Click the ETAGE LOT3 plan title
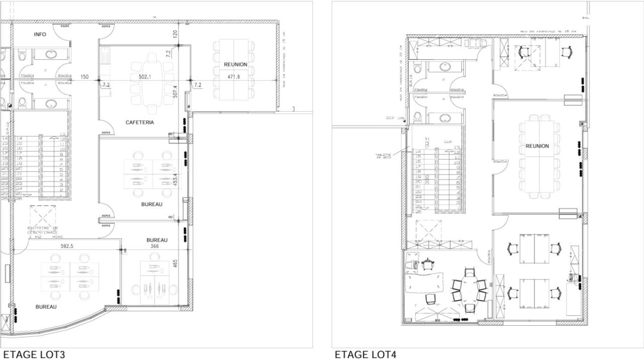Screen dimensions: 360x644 (x=34, y=354)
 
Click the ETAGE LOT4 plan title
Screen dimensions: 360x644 (x=365, y=354)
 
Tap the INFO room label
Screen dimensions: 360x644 (x=40, y=34)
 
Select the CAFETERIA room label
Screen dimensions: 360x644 (x=139, y=122)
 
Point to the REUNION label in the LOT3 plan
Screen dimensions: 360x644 (x=235, y=64)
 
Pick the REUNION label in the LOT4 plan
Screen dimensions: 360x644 (x=537, y=146)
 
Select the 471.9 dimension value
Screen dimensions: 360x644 (x=234, y=77)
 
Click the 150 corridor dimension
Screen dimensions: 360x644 (x=85, y=77)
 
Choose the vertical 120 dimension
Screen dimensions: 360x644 (x=175, y=34)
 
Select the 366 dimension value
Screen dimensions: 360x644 (x=154, y=246)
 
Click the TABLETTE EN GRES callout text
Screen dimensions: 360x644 (x=383, y=156)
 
